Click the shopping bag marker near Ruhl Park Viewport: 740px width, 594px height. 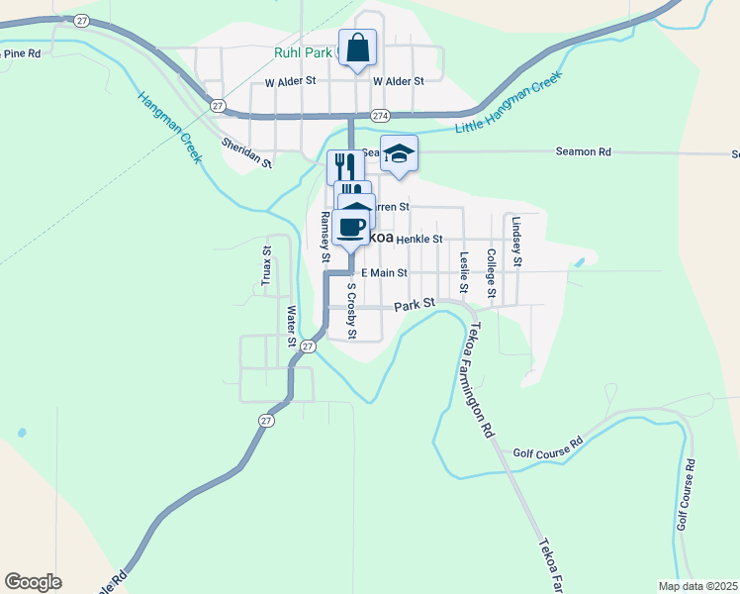pos(357,48)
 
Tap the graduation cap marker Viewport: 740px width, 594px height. pos(399,154)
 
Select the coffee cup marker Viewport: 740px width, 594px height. pos(350,229)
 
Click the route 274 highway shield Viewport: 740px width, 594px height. pos(381,116)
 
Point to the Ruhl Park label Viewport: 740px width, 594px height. pos(303,52)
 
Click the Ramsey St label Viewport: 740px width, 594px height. pos(324,239)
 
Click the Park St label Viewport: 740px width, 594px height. pos(415,307)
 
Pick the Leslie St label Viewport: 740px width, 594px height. pos(464,273)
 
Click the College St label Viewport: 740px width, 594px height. pos(491,272)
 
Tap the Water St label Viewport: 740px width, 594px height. pos(291,326)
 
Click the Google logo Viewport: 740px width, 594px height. pos(33,582)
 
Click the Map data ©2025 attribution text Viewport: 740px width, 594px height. pos(696,586)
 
